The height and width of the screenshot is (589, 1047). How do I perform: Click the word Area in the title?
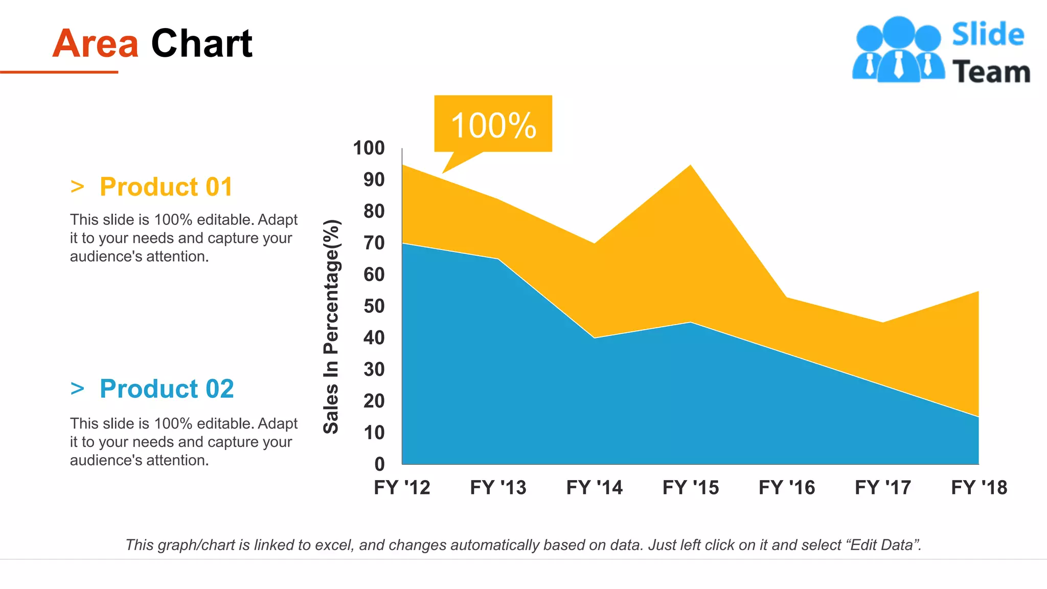95,44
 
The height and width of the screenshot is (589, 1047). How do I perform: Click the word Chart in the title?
201,44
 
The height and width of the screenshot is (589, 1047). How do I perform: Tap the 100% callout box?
493,124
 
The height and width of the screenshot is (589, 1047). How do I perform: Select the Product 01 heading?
166,187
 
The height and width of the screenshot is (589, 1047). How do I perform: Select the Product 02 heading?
167,389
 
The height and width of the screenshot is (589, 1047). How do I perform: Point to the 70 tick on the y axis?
374,243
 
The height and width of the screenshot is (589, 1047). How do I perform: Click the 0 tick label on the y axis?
379,464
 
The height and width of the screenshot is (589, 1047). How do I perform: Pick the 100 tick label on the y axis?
369,148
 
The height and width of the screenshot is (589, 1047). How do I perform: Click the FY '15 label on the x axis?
691,488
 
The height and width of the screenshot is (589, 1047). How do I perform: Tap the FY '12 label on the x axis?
402,488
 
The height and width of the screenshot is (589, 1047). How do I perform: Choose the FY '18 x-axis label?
979,488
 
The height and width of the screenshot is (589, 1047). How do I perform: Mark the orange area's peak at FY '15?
691,166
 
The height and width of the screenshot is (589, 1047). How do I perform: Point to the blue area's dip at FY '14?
595,338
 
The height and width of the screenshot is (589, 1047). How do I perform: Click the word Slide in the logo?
988,35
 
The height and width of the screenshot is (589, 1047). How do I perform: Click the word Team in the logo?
991,72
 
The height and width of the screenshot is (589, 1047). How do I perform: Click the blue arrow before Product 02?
77,389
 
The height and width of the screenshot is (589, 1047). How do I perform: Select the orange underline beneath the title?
59,72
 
